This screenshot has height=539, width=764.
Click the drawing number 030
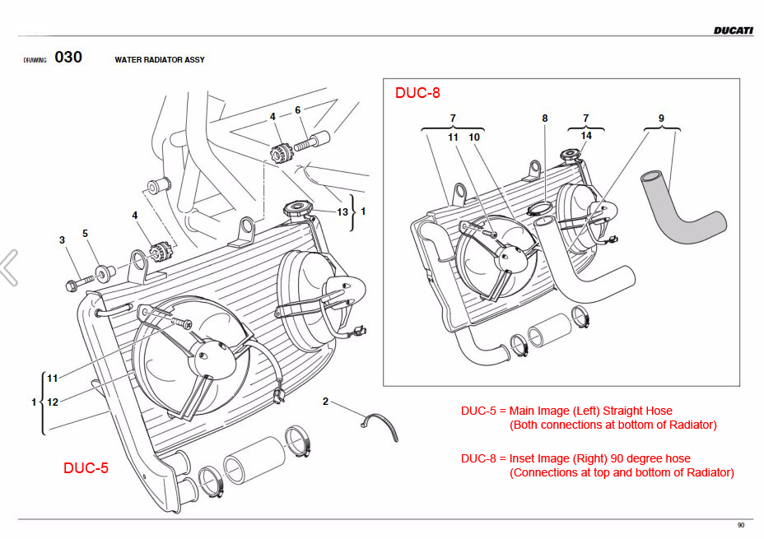pyautogui.click(x=68, y=58)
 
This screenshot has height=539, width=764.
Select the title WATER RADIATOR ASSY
pyautogui.click(x=160, y=60)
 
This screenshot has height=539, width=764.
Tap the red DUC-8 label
pyautogui.click(x=417, y=93)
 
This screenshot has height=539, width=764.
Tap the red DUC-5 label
pyautogui.click(x=86, y=467)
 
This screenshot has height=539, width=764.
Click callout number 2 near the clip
pyautogui.click(x=325, y=402)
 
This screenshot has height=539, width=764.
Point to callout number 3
pyautogui.click(x=62, y=240)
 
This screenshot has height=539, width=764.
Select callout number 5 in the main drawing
pyautogui.click(x=85, y=234)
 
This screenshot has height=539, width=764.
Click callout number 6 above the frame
pyautogui.click(x=297, y=110)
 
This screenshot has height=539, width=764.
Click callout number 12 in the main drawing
pyautogui.click(x=53, y=402)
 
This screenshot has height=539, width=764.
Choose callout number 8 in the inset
pyautogui.click(x=544, y=118)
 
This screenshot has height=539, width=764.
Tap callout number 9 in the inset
pyautogui.click(x=660, y=118)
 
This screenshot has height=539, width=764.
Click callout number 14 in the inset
pyautogui.click(x=586, y=135)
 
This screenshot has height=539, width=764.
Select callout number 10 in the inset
pyautogui.click(x=474, y=137)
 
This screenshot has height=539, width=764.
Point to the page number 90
pyautogui.click(x=741, y=526)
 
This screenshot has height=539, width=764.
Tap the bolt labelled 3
pyautogui.click(x=73, y=286)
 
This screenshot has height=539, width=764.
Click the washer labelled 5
pyautogui.click(x=103, y=271)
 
